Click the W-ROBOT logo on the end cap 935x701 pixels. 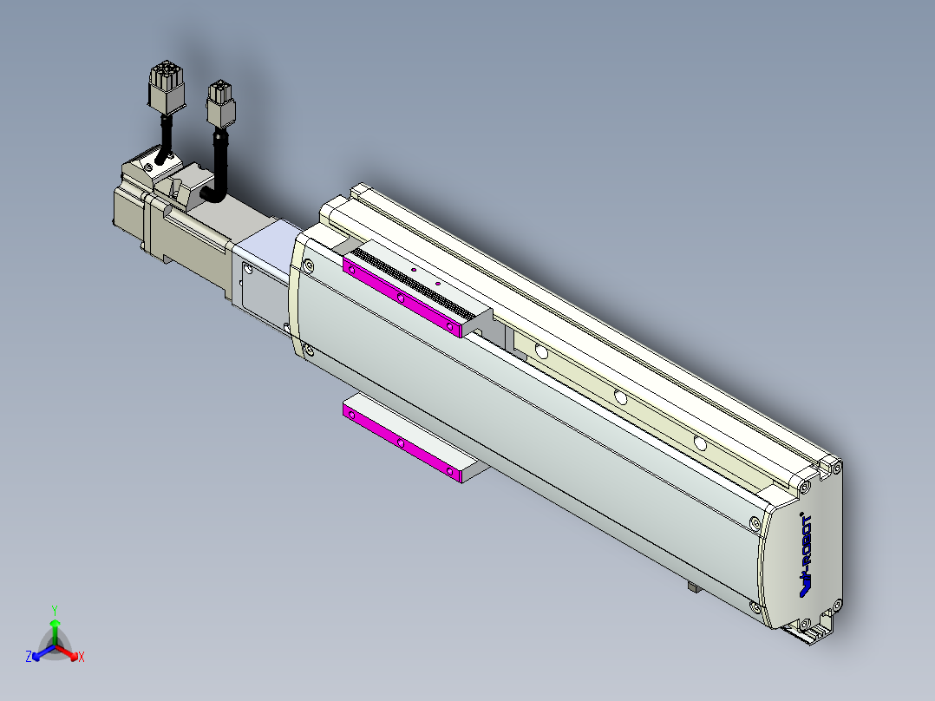[x=806, y=555]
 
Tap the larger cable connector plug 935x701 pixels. [x=167, y=87]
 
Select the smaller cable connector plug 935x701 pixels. [x=220, y=104]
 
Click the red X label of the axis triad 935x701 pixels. [x=82, y=657]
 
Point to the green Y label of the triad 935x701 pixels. [x=55, y=610]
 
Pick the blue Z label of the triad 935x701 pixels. [x=29, y=657]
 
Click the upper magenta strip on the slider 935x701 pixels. [x=402, y=298]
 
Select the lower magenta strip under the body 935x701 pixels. [x=402, y=442]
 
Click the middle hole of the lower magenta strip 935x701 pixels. [x=401, y=443]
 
